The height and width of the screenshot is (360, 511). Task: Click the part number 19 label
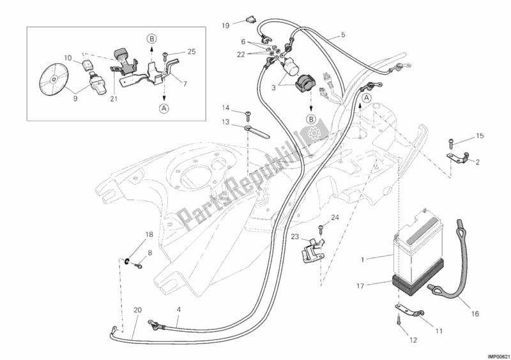coord(226,26)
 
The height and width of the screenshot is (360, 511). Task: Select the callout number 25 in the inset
coord(191,51)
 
